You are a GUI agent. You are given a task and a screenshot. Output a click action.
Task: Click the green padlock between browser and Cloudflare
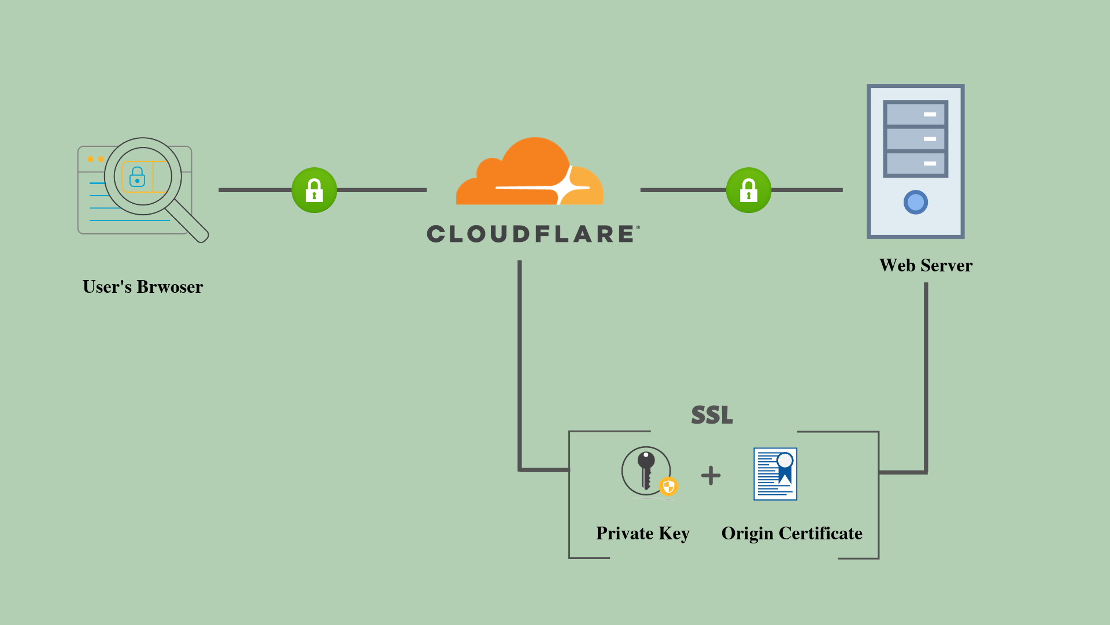tap(314, 190)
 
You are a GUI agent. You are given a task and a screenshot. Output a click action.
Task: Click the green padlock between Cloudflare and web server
tap(748, 190)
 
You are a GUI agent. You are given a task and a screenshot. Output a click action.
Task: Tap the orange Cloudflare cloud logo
tap(529, 174)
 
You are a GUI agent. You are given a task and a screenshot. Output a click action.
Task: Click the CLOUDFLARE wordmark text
tap(532, 234)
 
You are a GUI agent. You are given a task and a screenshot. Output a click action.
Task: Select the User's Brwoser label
tap(143, 287)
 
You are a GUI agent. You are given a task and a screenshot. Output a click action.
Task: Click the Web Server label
tap(926, 266)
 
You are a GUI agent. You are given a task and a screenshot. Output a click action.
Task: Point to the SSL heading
tap(712, 415)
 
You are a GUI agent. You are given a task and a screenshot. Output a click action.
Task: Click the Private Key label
tap(642, 534)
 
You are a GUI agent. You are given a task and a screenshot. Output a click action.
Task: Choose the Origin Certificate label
tap(791, 534)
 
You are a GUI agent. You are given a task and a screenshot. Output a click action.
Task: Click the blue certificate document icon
tap(775, 474)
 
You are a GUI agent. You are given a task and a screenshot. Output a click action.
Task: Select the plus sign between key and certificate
tap(711, 476)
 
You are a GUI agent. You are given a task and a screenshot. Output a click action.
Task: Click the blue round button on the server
tap(915, 203)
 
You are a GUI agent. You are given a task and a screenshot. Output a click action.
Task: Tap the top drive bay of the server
tap(915, 115)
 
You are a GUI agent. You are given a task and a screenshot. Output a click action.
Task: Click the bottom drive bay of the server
tap(915, 164)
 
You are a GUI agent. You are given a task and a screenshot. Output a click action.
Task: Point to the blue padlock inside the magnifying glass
tap(137, 177)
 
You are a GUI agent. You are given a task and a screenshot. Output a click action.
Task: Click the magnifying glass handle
tap(188, 222)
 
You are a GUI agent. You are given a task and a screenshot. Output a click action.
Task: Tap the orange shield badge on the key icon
tap(668, 486)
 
